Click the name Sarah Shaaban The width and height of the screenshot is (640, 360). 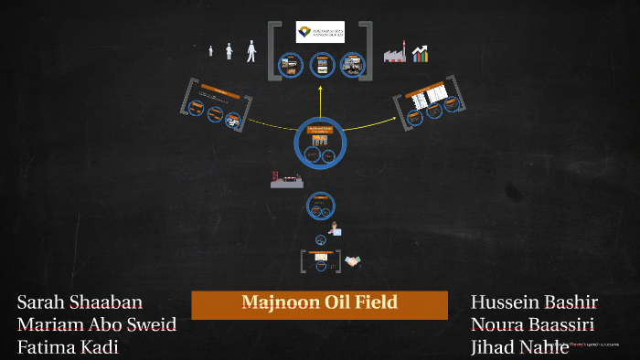coord(80,302)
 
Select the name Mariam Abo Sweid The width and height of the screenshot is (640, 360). coord(97,324)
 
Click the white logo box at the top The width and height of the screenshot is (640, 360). coord(320,32)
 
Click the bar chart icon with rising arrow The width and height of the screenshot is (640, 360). coord(420,53)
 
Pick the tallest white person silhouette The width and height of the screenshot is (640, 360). coord(251,50)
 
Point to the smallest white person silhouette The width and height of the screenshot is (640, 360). coord(211,51)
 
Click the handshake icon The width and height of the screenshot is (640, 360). coord(352,263)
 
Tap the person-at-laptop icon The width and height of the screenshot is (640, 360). coord(336,229)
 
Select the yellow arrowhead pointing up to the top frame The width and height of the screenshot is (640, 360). coord(320,90)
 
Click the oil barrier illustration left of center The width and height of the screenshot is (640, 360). coord(286,180)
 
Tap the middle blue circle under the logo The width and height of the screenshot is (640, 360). coord(320,65)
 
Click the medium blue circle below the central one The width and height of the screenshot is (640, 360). coord(320,206)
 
